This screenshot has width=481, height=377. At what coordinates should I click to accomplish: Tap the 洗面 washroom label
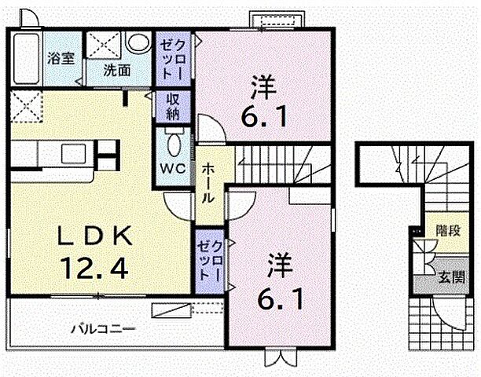tap(117, 68)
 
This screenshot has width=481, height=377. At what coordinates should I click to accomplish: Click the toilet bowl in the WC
tap(174, 143)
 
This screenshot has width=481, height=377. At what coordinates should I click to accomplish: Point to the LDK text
tap(91, 236)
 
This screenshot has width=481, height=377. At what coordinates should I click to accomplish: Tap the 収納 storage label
tap(173, 106)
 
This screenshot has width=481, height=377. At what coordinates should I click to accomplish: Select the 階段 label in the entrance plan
tap(448, 232)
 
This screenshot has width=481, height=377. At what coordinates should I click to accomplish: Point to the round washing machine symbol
tap(138, 42)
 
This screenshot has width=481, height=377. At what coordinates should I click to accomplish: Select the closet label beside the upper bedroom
tap(173, 57)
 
